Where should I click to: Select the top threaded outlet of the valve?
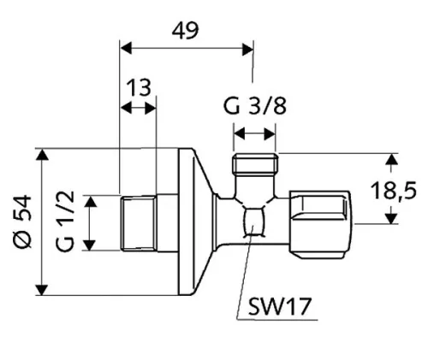click(255, 164)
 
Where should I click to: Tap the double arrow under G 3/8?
click(254, 133)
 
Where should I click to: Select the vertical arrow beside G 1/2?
click(91, 223)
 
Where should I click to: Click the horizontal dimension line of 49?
click(184, 48)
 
